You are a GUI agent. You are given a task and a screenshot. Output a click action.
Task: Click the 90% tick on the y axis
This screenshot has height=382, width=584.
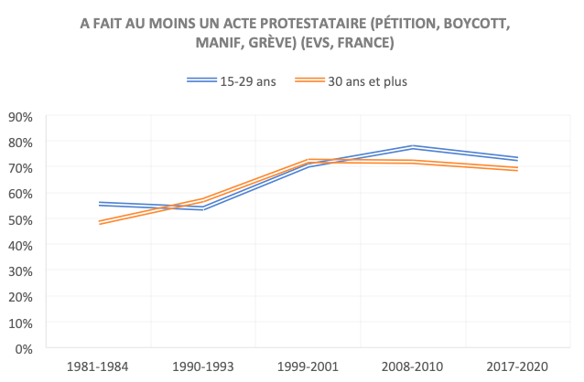click(20, 117)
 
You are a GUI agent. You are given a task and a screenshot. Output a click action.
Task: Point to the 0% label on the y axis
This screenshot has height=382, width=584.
click(24, 349)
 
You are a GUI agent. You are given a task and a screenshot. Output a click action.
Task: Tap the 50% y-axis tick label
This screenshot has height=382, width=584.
click(20, 220)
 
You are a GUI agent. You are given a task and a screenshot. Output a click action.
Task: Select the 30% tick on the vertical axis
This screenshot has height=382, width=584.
click(20, 271)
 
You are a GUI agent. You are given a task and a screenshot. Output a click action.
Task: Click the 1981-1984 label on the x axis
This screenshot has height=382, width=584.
click(98, 366)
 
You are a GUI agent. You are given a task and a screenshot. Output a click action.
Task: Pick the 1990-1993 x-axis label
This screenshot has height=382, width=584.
click(202, 366)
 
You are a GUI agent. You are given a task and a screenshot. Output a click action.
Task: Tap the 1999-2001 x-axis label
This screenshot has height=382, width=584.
click(307, 366)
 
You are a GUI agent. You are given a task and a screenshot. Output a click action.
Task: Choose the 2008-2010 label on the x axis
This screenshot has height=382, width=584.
click(412, 366)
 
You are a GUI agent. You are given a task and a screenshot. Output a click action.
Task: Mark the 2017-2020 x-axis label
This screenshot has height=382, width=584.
click(516, 366)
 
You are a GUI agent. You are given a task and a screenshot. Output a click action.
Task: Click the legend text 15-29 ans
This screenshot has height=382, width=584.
click(247, 80)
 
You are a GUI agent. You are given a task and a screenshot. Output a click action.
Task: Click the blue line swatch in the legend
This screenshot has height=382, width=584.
click(200, 80)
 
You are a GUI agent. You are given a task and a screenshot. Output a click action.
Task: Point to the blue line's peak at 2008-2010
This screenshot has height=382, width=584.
click(412, 147)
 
